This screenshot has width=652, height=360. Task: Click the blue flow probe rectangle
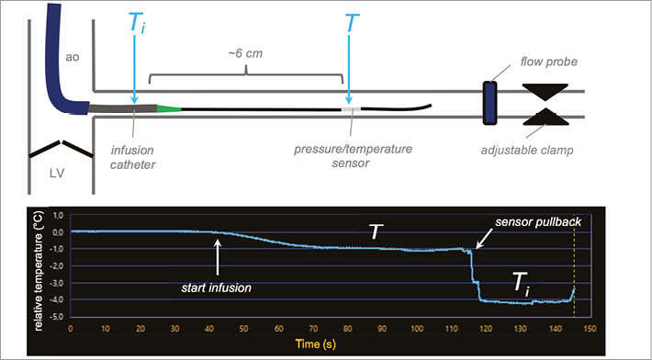(x=489, y=103)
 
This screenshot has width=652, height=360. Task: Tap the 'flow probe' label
(x=549, y=62)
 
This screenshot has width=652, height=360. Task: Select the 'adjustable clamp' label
(x=527, y=150)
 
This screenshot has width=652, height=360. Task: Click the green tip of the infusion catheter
(x=169, y=109)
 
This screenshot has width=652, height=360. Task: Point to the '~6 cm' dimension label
(x=245, y=53)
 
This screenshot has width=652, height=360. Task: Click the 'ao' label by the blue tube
(x=72, y=57)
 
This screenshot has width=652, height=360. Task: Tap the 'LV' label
(x=57, y=173)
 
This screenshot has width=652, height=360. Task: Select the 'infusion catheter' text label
(x=132, y=157)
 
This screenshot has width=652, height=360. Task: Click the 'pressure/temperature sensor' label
(x=353, y=156)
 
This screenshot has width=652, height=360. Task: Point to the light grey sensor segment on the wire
(x=351, y=109)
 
